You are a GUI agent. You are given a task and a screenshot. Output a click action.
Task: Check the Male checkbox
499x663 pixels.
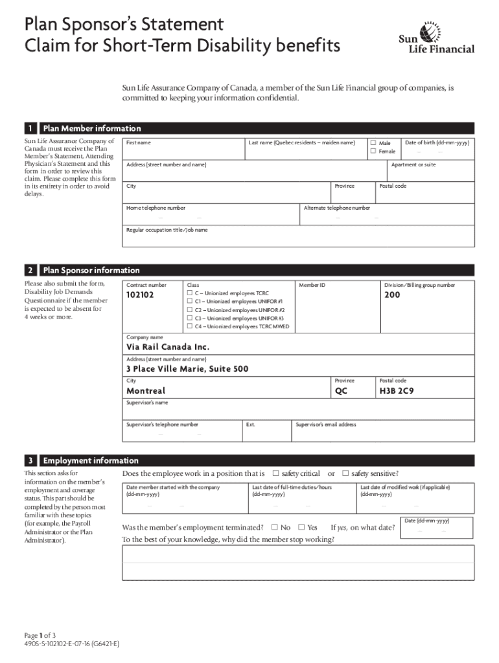(373, 142)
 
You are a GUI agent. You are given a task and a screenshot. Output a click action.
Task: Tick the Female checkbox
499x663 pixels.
(373, 151)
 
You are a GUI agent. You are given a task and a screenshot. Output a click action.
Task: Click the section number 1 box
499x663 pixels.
(30, 128)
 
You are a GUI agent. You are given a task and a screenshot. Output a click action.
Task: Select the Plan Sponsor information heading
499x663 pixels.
(91, 270)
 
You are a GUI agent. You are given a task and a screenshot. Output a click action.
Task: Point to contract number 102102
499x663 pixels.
(140, 295)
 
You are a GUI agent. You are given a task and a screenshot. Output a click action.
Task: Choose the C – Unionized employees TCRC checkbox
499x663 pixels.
(190, 293)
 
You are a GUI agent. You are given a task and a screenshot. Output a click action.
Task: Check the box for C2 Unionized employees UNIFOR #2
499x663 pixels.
(190, 310)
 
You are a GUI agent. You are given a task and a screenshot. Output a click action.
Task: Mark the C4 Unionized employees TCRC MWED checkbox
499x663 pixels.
(190, 327)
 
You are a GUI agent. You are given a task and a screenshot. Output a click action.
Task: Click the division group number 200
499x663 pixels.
(392, 295)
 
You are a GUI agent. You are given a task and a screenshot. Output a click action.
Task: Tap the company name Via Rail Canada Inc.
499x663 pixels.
(168, 346)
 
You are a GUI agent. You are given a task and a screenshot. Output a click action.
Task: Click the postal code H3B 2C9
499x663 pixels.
(397, 391)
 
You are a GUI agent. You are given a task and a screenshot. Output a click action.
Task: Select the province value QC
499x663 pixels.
(342, 391)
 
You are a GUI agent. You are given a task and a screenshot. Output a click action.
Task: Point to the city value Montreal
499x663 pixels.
(146, 391)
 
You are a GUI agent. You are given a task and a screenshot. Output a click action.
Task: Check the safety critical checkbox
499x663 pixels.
(276, 473)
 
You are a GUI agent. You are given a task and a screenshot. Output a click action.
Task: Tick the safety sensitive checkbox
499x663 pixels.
(345, 473)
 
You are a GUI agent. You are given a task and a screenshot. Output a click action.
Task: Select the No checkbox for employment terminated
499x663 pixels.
(275, 527)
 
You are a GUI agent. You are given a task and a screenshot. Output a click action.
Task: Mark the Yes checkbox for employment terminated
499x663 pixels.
(301, 527)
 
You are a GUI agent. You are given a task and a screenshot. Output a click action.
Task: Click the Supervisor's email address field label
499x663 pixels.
(326, 425)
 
